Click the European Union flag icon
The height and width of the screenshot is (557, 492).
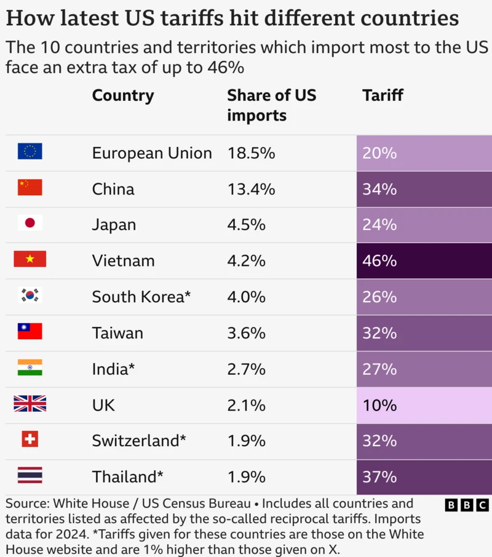pos(30,151)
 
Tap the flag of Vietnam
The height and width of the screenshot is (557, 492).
pos(30,259)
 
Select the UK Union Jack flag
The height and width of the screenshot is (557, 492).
pos(30,404)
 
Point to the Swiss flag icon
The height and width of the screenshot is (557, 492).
pos(30,439)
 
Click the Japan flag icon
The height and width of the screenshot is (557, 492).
pos(30,223)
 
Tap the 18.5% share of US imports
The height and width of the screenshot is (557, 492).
pos(251,153)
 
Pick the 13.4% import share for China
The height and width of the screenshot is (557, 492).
pos(251,188)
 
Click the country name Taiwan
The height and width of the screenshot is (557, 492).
pos(117,333)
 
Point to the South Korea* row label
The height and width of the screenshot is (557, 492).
pos(141,297)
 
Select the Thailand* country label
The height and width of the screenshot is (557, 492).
pos(128,477)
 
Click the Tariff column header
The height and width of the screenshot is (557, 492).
pos(383,95)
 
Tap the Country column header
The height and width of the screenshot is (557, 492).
pos(123,95)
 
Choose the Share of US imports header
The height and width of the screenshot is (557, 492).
pos(271,105)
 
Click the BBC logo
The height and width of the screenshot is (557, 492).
pos(467,505)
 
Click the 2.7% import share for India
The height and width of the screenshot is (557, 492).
pos(246,369)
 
